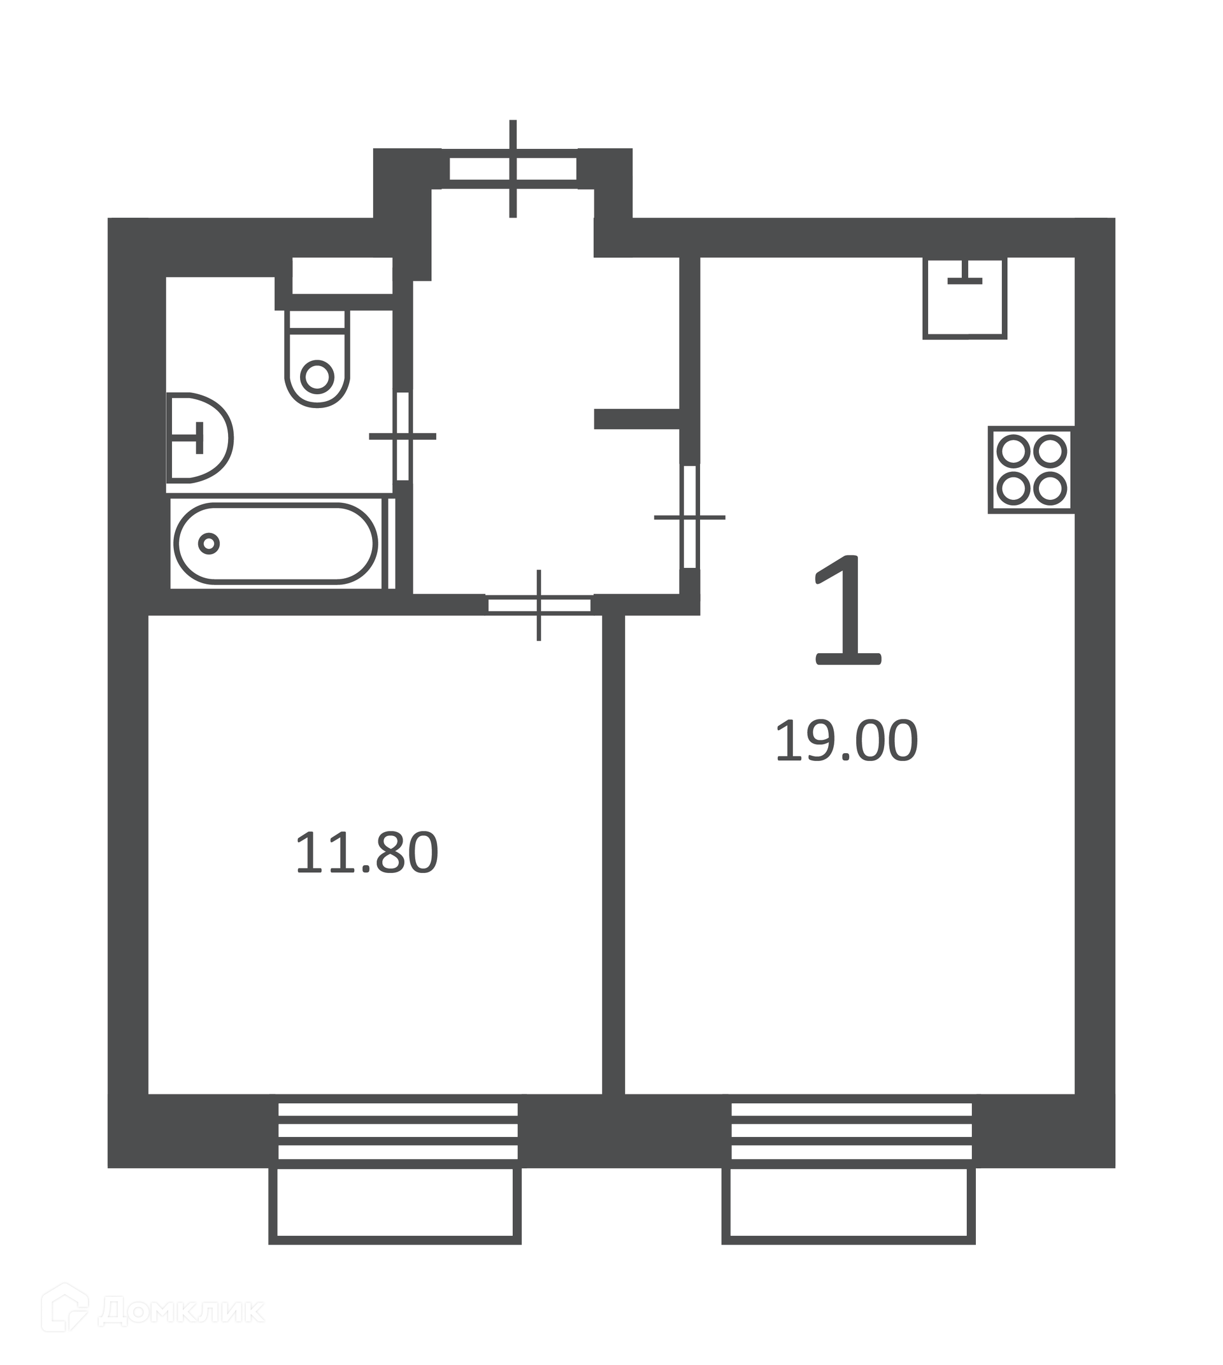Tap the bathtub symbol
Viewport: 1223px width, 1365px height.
pyautogui.click(x=276, y=544)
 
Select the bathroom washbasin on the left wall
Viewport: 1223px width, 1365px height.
pyautogui.click(x=199, y=438)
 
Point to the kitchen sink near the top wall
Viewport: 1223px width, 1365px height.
pyautogui.click(x=965, y=297)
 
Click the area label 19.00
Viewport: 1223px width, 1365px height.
pyautogui.click(x=846, y=741)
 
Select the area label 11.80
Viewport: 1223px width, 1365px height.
pyautogui.click(x=367, y=852)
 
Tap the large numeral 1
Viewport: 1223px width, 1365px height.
pyautogui.click(x=847, y=610)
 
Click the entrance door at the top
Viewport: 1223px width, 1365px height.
pyautogui.click(x=513, y=169)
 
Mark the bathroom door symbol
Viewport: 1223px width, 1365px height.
pyautogui.click(x=403, y=437)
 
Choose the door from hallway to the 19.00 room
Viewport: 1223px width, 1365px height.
pyautogui.click(x=689, y=517)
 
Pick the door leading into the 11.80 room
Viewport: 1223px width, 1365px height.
pyautogui.click(x=539, y=605)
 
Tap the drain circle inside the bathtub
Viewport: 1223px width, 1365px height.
pyautogui.click(x=209, y=544)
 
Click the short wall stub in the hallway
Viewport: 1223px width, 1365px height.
pyautogui.click(x=637, y=419)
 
